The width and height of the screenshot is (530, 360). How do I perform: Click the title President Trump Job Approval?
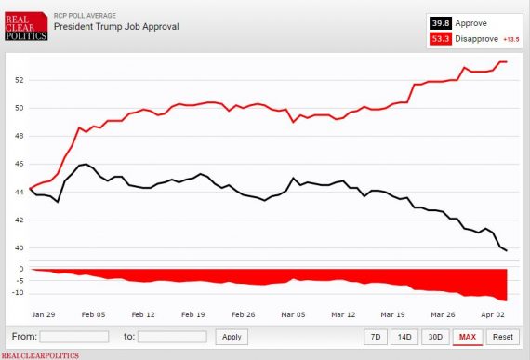click(116, 26)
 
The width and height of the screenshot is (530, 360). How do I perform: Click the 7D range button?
click(375, 337)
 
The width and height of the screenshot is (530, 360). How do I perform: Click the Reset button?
click(502, 337)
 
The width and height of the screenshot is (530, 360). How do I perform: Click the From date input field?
click(74, 337)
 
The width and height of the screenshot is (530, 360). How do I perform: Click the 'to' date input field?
click(172, 337)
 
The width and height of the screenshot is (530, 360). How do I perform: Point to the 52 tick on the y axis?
click(19, 80)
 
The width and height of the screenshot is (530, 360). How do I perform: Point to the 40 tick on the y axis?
click(19, 247)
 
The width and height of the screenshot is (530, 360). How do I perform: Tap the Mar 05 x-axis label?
click(294, 314)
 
